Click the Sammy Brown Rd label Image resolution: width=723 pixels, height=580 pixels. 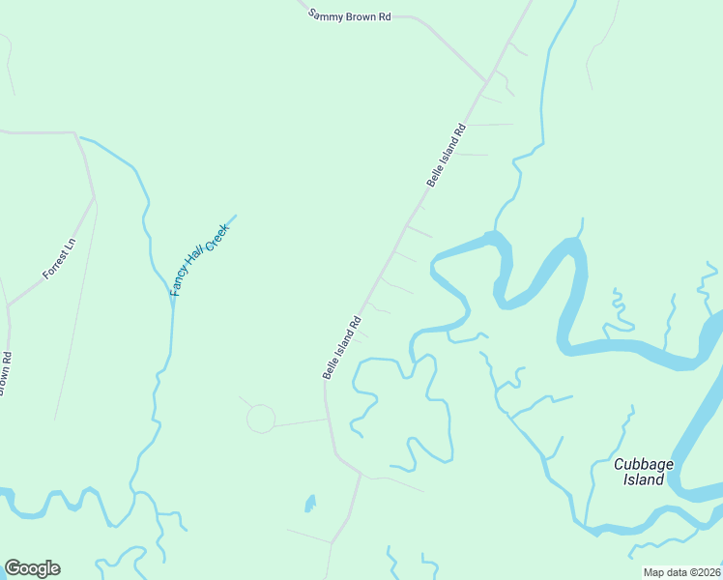pyautogui.click(x=349, y=15)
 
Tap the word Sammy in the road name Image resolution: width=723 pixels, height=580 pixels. pyautogui.click(x=326, y=14)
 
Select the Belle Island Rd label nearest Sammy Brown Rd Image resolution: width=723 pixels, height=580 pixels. pyautogui.click(x=447, y=155)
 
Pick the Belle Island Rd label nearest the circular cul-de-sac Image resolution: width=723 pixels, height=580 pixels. pyautogui.click(x=342, y=347)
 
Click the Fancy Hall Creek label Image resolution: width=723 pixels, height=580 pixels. pyautogui.click(x=199, y=258)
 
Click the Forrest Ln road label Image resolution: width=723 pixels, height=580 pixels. pyautogui.click(x=59, y=261)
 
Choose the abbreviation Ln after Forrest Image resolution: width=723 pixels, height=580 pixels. pyautogui.click(x=69, y=250)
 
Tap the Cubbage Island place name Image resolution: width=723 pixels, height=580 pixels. pyautogui.click(x=639, y=472)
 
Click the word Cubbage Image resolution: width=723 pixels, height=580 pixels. pyautogui.click(x=639, y=464)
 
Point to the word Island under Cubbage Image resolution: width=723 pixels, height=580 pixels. pyautogui.click(x=644, y=479)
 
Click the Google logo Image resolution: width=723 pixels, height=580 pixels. pyautogui.click(x=32, y=568)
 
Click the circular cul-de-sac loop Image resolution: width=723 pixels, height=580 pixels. pyautogui.click(x=260, y=419)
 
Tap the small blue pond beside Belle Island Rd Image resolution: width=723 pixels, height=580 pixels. pyautogui.click(x=310, y=504)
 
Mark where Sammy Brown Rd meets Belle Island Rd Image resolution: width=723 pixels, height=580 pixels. pyautogui.click(x=486, y=81)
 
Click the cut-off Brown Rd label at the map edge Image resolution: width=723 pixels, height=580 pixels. pyautogui.click(x=5, y=373)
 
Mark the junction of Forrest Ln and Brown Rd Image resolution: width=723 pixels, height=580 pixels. pyautogui.click(x=9, y=305)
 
